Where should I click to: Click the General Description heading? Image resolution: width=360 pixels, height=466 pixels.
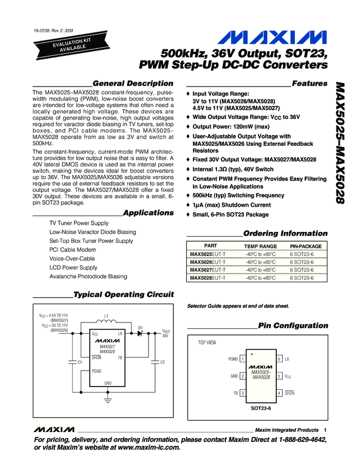133,83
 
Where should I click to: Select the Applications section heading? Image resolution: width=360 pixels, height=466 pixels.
148,212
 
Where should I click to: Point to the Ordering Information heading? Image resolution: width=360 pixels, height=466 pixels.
285,233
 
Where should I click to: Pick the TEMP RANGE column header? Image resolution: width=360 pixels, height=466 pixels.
260,247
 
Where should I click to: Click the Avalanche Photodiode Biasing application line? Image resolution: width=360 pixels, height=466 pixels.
88,276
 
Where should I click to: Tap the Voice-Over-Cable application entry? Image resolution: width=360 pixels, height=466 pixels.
72,259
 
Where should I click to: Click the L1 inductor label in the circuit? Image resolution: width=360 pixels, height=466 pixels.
106,316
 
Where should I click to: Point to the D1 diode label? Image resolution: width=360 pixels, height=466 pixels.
140,327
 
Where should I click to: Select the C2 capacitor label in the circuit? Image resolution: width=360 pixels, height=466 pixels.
162,362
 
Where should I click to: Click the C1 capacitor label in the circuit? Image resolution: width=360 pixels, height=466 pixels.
80,362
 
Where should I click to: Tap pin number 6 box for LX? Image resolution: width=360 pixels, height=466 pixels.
279,359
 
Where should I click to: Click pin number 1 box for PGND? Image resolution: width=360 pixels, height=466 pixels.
242,359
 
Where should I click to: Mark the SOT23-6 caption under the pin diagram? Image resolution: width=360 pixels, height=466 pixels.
261,408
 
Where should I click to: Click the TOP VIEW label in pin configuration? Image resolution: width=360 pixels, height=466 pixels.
207,343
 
